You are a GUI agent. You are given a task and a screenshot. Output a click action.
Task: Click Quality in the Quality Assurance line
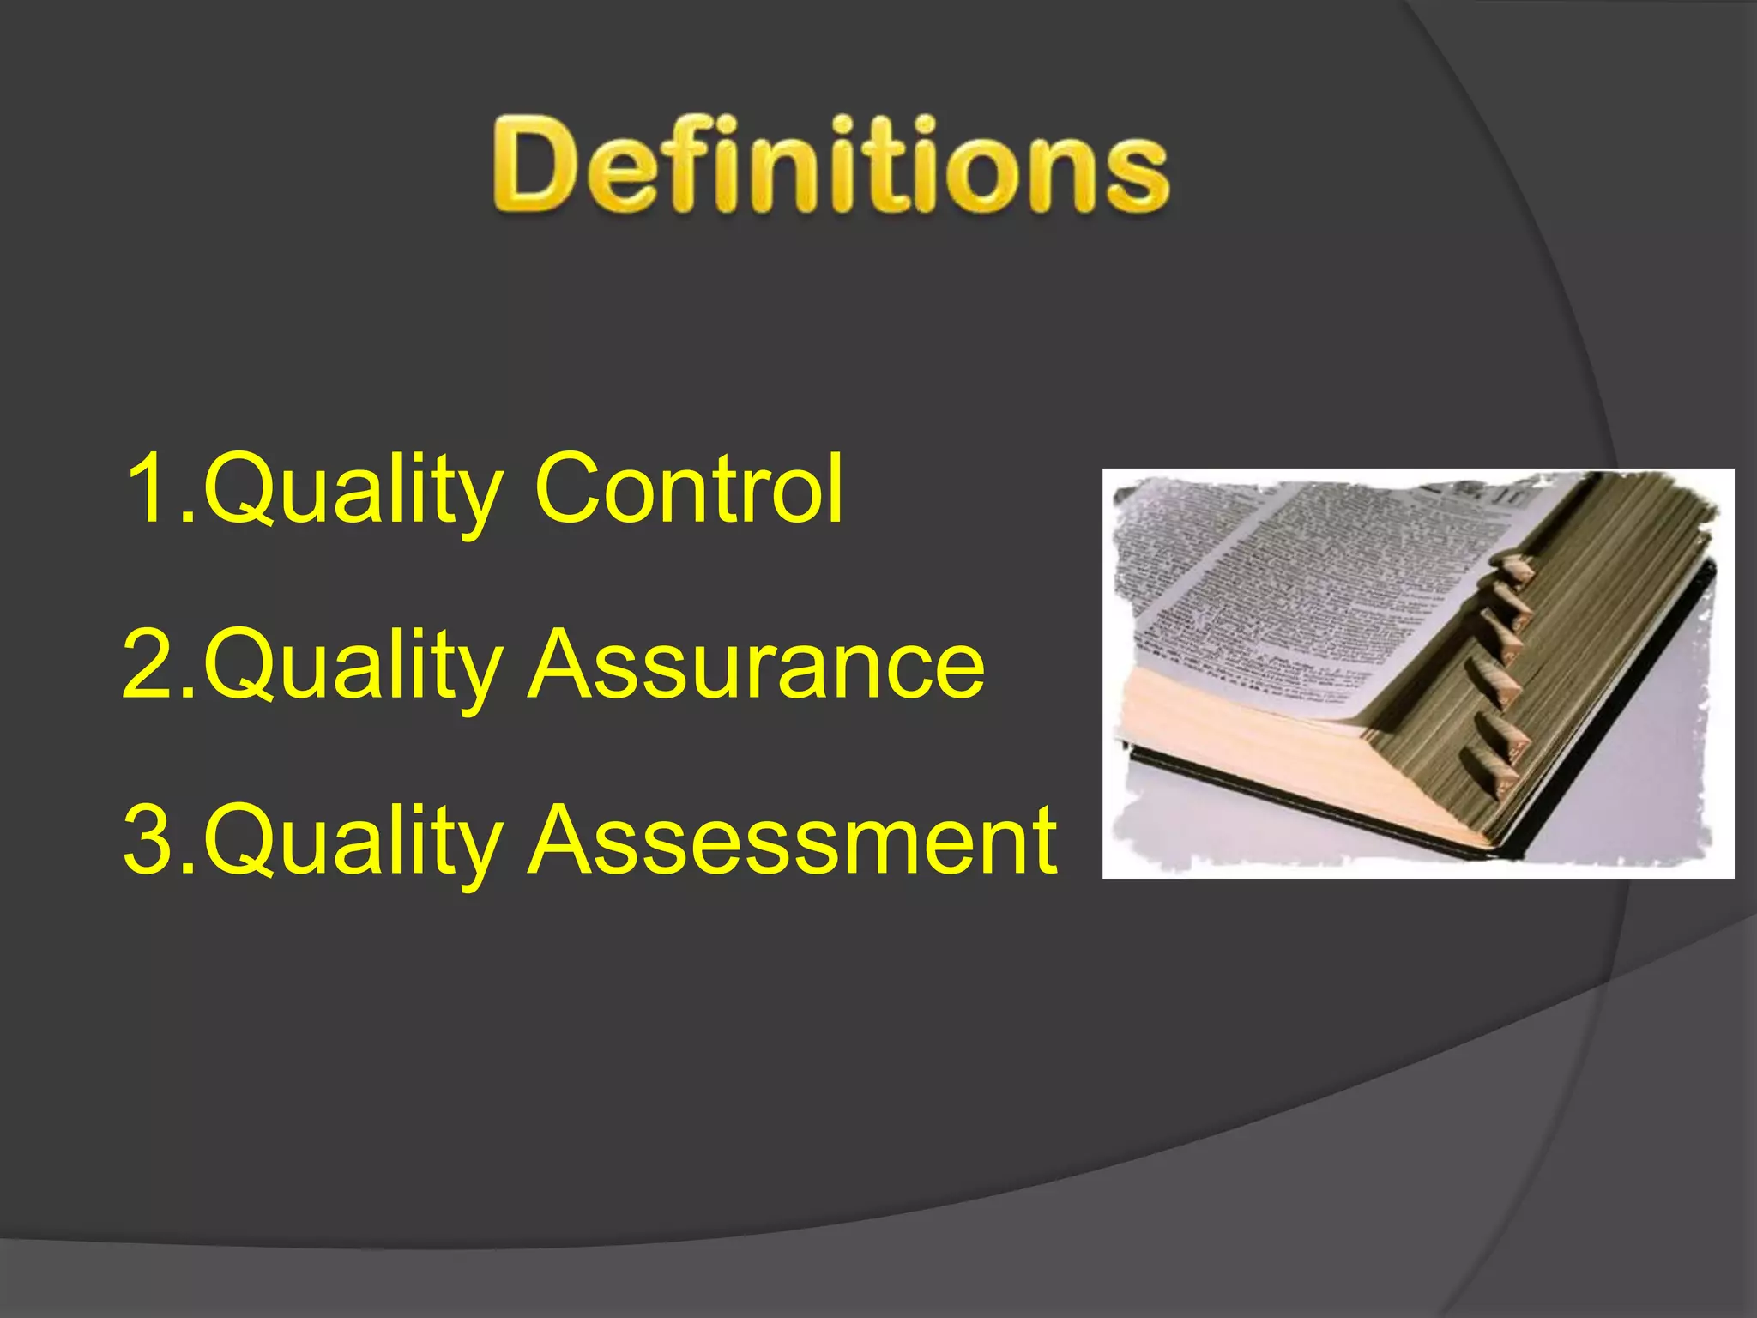352,668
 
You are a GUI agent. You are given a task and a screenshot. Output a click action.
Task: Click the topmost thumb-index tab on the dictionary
1513,569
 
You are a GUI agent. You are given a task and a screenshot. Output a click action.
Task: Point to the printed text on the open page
1287,583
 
